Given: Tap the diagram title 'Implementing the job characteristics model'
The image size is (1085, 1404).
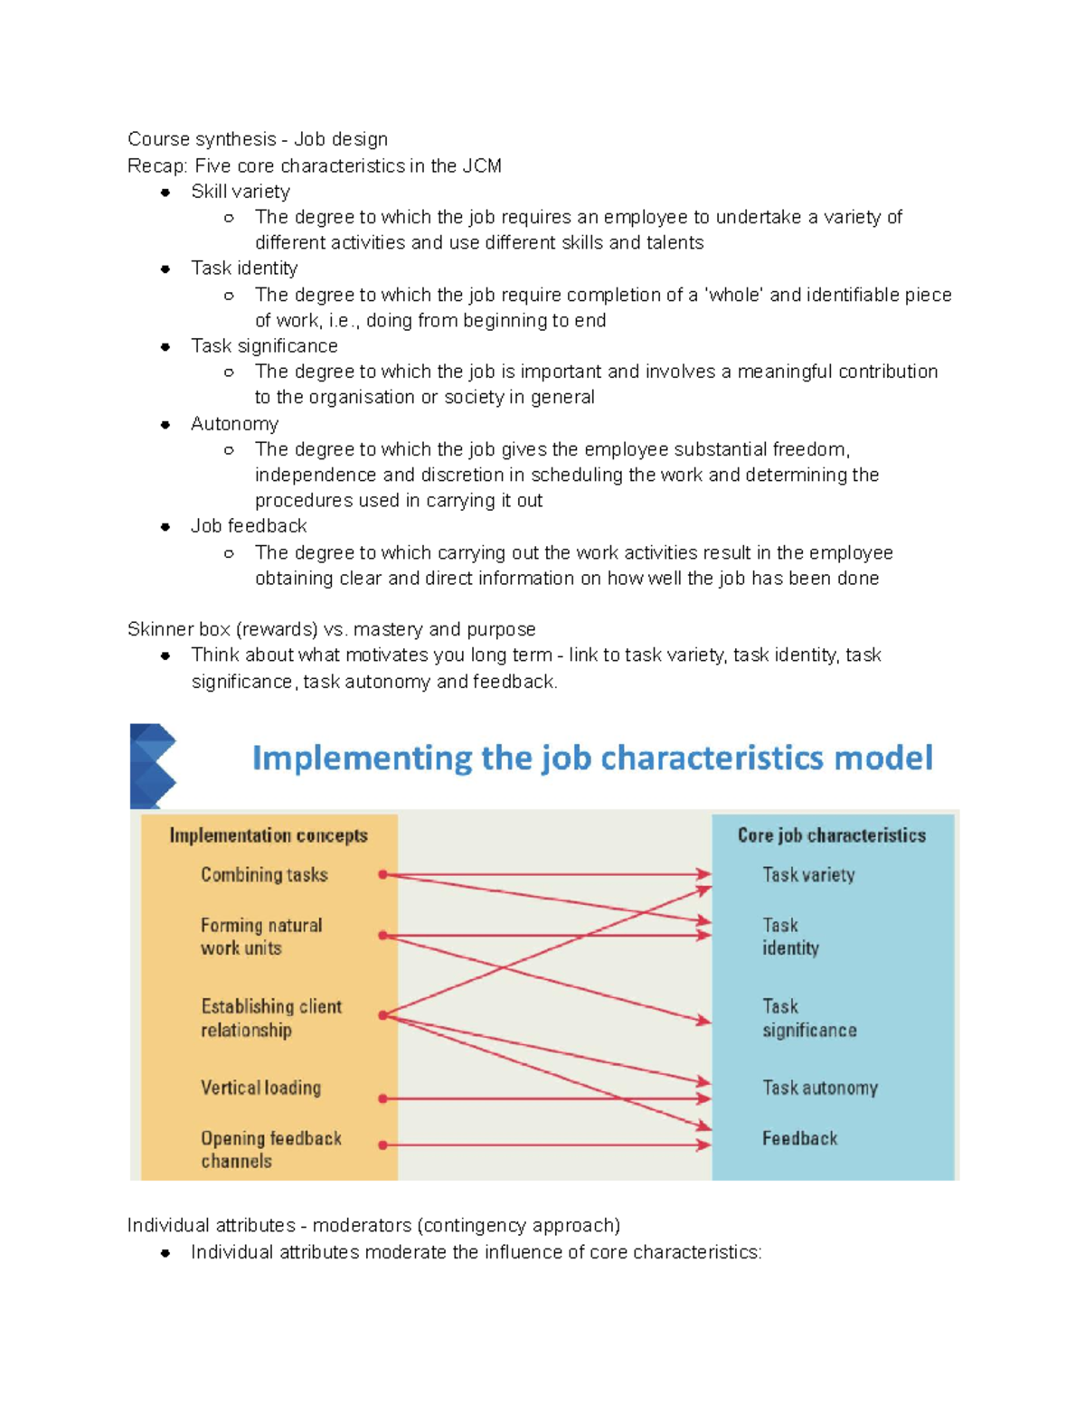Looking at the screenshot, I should (x=592, y=758).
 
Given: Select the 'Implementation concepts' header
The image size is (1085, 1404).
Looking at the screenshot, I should (x=269, y=835).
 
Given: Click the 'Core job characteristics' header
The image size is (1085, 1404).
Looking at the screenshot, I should (x=831, y=835).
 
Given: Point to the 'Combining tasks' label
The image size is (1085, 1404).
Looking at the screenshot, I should (x=264, y=874).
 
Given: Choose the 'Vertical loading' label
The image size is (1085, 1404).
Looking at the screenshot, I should (x=260, y=1088).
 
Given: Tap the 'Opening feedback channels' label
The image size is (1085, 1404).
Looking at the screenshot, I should (x=270, y=1149).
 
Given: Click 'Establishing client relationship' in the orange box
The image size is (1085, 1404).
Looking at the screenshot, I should (x=270, y=1018).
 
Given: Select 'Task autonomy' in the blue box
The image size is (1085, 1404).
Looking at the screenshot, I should (x=819, y=1088).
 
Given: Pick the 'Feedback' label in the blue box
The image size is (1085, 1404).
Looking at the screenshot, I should (x=799, y=1138).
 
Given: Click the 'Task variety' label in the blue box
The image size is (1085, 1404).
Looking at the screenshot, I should (x=808, y=874).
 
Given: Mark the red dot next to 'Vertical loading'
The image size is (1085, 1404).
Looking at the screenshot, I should (x=383, y=1098).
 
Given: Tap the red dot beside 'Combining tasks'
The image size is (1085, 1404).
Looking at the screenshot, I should (x=383, y=874).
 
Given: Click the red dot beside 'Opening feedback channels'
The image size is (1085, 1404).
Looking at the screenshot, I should (x=383, y=1145).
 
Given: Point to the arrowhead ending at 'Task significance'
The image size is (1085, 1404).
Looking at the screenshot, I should (x=704, y=1022).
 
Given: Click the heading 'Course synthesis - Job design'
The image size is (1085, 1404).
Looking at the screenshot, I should (x=258, y=139).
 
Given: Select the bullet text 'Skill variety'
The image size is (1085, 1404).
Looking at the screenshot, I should (x=241, y=192).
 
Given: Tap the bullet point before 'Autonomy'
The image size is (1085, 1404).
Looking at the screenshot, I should (x=165, y=424).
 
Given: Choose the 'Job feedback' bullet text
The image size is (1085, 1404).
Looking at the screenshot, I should (x=249, y=526).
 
